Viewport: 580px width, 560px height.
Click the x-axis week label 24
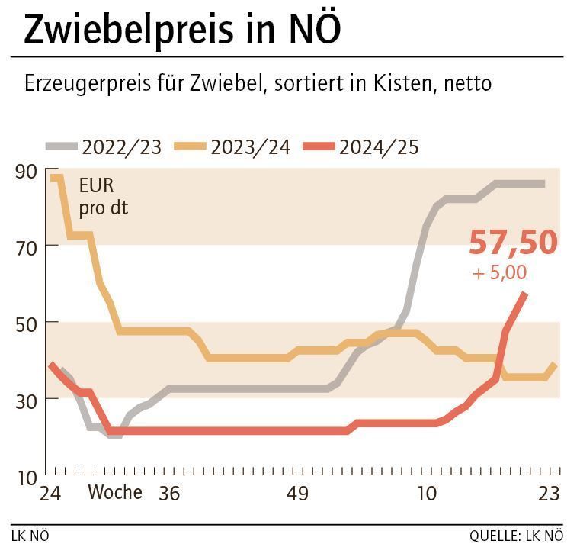tap(50, 494)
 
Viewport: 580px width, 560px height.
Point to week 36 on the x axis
tap(169, 494)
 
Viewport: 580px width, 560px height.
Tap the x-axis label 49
tap(297, 494)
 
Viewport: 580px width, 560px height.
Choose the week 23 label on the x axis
tap(549, 494)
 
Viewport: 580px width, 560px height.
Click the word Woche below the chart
tap(115, 493)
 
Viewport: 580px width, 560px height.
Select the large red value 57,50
tap(513, 243)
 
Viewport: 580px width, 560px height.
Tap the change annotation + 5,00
tap(499, 272)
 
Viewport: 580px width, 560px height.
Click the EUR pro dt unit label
tap(103, 196)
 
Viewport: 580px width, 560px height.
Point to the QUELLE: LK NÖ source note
tap(516, 536)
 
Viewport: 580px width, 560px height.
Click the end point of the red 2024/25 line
tap(524, 293)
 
